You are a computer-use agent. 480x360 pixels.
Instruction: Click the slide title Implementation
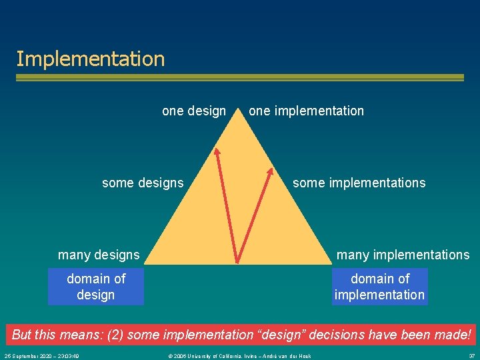(x=91, y=59)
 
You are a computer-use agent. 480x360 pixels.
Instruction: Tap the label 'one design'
(x=194, y=111)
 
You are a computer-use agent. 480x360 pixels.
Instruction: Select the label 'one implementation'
(x=306, y=111)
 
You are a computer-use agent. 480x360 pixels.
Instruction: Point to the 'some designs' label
(x=143, y=183)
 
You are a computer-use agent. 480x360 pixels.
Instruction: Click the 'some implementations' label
(x=359, y=183)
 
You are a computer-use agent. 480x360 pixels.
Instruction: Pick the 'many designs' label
(x=99, y=255)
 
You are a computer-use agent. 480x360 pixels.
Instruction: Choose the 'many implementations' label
(x=403, y=255)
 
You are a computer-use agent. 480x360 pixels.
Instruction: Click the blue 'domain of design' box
(x=96, y=287)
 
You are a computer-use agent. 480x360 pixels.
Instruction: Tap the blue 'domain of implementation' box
(x=380, y=287)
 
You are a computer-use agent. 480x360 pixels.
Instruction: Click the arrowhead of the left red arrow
(x=216, y=151)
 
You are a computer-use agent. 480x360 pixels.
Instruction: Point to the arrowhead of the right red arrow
(x=270, y=171)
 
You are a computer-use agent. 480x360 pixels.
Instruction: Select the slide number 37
(x=471, y=355)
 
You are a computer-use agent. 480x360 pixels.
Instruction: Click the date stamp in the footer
(x=42, y=355)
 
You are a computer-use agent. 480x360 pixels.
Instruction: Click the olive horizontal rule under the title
(x=240, y=78)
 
